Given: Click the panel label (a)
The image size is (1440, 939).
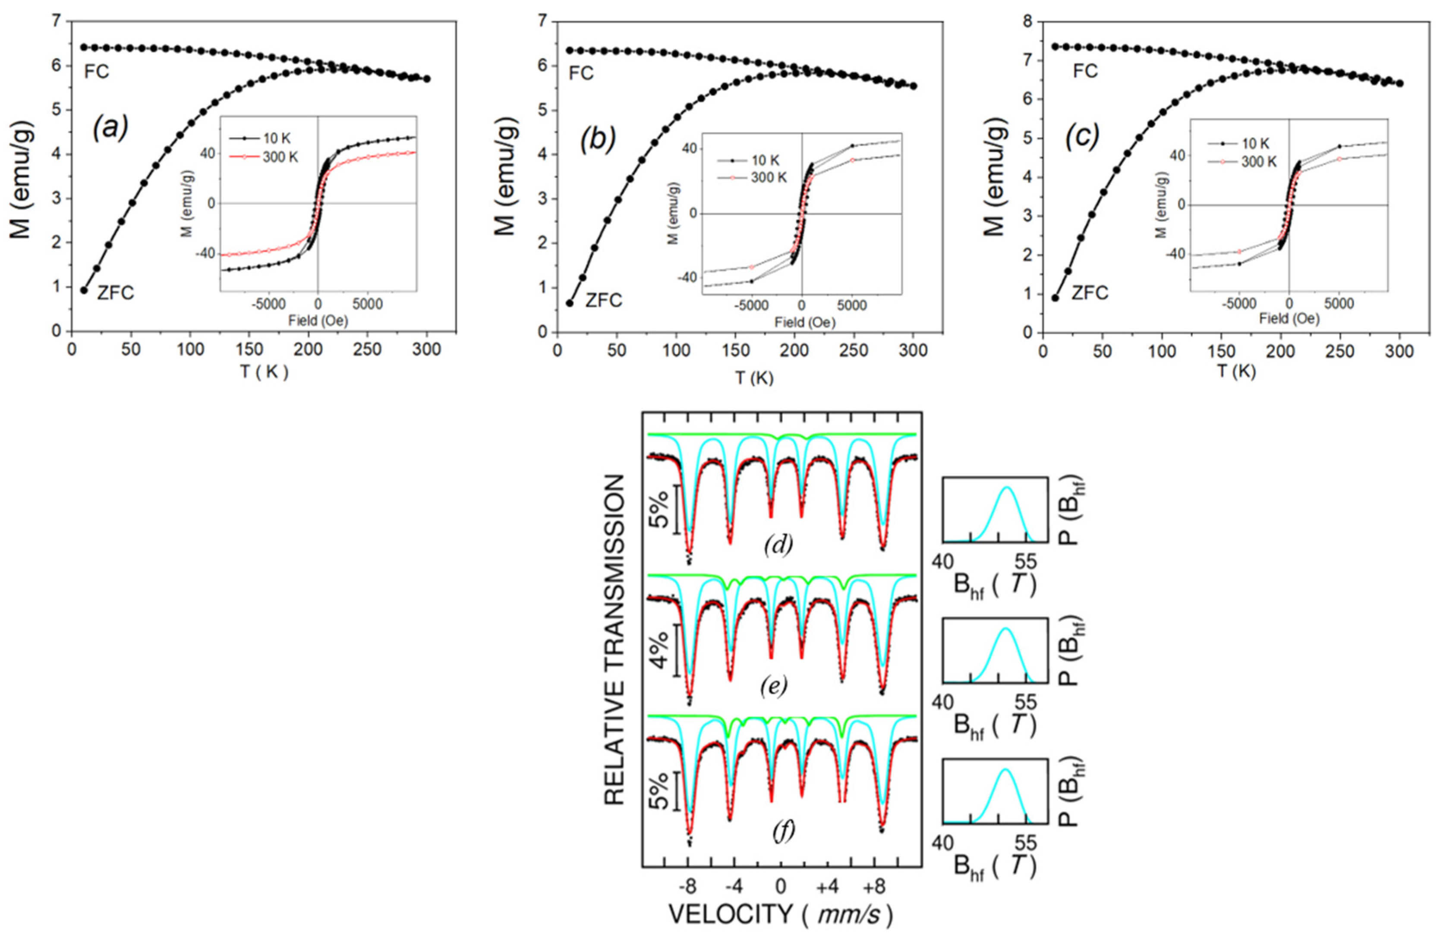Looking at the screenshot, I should click(110, 128).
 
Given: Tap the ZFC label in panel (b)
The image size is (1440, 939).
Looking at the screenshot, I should click(603, 300).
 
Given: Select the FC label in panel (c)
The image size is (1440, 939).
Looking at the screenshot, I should click(1085, 71).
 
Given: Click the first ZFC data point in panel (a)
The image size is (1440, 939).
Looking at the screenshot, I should click(84, 290).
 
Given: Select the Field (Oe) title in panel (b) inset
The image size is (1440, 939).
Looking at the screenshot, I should click(805, 322).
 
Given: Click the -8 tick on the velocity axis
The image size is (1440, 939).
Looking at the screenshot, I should click(688, 886).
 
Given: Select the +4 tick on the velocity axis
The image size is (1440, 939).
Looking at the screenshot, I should click(828, 886).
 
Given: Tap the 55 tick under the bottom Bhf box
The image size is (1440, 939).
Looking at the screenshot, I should click(1024, 843).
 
